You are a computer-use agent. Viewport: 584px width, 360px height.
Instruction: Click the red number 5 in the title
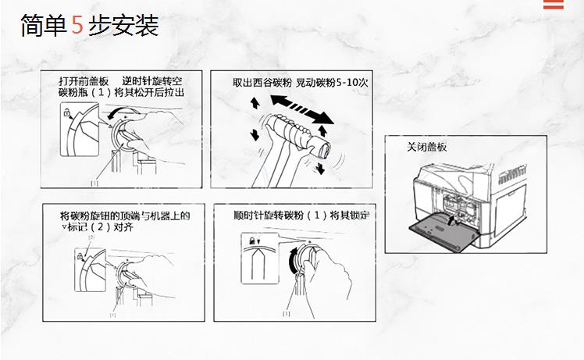click(x=77, y=25)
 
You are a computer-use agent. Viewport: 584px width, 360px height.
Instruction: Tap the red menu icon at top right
click(x=553, y=4)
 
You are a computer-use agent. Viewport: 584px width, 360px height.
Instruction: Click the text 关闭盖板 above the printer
click(x=426, y=147)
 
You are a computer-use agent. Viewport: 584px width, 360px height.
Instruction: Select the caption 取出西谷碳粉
click(x=262, y=83)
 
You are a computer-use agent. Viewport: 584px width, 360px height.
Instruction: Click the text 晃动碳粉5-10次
click(x=332, y=83)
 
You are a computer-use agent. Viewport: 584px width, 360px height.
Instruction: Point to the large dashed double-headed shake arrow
click(x=301, y=109)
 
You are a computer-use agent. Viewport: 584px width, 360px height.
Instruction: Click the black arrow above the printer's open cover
click(x=451, y=221)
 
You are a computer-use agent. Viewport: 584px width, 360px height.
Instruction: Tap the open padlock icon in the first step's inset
click(x=67, y=112)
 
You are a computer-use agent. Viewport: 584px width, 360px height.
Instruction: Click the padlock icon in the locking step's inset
click(x=252, y=241)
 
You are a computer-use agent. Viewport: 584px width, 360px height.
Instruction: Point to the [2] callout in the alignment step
click(x=91, y=237)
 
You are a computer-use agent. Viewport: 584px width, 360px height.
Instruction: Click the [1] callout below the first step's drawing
click(x=94, y=183)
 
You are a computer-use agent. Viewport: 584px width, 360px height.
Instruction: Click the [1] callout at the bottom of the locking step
click(x=287, y=313)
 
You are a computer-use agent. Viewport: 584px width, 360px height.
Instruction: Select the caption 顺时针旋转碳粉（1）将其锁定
click(x=301, y=216)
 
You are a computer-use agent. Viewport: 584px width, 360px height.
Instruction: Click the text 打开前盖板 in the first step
click(x=84, y=81)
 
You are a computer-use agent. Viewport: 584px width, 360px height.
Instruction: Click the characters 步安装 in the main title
click(x=123, y=25)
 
